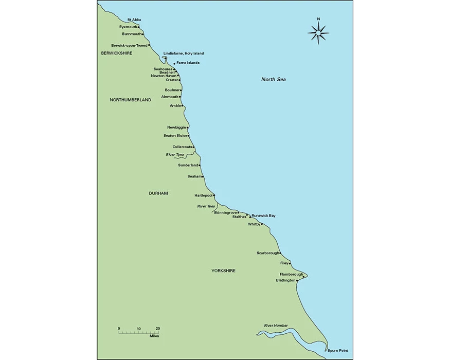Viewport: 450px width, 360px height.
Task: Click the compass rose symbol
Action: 318,33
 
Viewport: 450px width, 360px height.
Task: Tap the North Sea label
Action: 273,79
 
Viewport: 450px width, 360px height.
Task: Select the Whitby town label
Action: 254,224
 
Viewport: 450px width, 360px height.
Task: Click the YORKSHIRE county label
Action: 223,270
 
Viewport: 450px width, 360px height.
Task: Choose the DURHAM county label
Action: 158,193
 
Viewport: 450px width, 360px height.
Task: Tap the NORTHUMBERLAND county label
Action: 131,100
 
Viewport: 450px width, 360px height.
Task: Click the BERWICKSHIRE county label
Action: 117,53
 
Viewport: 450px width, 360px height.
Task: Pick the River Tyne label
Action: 175,155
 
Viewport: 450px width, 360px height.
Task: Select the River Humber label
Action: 276,326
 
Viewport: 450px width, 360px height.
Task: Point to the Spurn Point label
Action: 337,350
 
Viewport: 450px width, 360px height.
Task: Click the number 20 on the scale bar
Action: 158,328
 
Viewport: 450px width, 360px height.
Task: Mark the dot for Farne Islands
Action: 174,64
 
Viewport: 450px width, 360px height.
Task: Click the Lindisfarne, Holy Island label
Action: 184,53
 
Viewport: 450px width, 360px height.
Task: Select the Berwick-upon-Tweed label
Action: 129,45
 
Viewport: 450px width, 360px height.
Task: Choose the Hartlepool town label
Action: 203,195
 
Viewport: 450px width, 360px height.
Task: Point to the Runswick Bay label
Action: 263,215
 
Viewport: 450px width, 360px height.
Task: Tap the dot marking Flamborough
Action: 304,276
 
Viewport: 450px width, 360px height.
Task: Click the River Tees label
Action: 206,206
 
